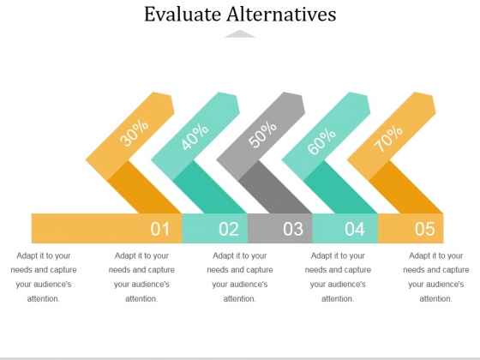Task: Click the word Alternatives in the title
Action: click(x=282, y=14)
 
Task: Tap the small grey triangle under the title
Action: click(x=240, y=33)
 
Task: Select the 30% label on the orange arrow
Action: click(x=134, y=133)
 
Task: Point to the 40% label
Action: click(x=195, y=136)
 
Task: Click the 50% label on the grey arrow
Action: click(x=262, y=135)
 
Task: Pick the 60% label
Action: click(x=321, y=141)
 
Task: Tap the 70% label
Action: click(x=388, y=138)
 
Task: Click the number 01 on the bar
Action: click(x=159, y=229)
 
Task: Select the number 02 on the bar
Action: click(x=229, y=229)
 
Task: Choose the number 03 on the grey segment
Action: click(x=293, y=229)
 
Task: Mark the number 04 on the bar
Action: click(x=355, y=229)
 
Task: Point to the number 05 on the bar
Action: click(x=424, y=229)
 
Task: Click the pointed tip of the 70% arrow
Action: click(x=435, y=113)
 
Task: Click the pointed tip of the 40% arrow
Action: click(x=240, y=113)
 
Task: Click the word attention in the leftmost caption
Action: click(x=43, y=298)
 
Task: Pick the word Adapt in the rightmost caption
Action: click(x=419, y=255)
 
